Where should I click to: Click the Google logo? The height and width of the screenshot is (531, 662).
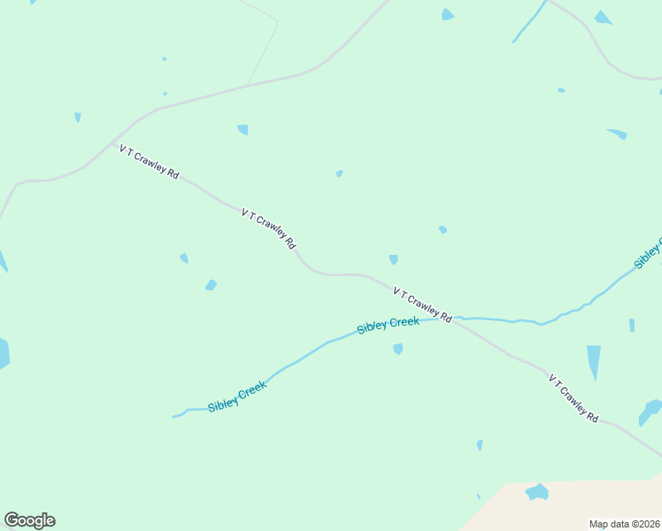tap(29, 520)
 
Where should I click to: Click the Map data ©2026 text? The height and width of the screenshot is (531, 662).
tap(625, 524)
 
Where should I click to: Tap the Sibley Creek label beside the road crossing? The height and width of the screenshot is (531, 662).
tap(388, 325)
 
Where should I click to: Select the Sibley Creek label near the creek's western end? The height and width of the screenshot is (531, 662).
tap(237, 396)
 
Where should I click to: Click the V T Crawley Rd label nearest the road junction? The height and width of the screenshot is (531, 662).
tap(150, 162)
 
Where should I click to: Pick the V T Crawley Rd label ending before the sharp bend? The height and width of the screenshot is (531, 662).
tap(268, 227)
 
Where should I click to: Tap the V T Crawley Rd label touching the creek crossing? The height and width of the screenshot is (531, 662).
tap(423, 304)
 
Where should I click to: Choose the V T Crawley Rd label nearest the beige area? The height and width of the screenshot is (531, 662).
tap(573, 397)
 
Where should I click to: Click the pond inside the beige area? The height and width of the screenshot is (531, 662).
tap(537, 492)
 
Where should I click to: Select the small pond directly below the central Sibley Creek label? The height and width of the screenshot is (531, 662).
tap(398, 349)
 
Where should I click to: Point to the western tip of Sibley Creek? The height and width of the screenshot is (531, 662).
tap(173, 416)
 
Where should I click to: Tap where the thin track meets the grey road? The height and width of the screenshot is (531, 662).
tap(249, 85)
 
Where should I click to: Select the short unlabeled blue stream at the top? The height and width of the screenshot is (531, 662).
tap(529, 21)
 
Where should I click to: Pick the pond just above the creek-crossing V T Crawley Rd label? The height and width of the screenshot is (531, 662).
tap(393, 259)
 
